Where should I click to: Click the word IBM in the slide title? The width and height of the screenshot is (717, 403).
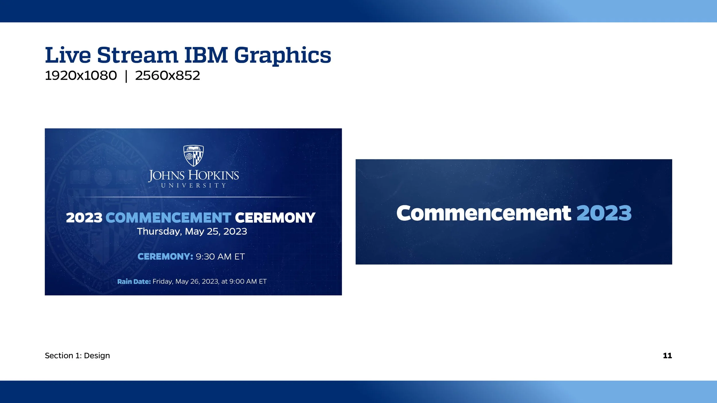[x=206, y=55]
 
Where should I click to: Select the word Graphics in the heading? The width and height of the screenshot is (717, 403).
[x=282, y=55]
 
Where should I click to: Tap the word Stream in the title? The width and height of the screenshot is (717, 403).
[x=137, y=55]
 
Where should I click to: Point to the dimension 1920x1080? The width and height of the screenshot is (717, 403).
[x=81, y=76]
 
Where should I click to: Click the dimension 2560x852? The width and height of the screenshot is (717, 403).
[x=167, y=76]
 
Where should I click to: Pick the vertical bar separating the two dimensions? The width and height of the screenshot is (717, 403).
[x=126, y=76]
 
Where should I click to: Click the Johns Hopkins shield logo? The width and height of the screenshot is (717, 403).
[x=194, y=156]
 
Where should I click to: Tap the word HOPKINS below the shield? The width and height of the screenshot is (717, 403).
[x=213, y=175]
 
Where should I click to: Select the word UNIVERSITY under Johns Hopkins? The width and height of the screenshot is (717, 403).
[x=194, y=186]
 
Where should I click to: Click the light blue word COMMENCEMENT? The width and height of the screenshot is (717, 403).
[x=168, y=218]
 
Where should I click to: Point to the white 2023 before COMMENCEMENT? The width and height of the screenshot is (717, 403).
[x=84, y=218]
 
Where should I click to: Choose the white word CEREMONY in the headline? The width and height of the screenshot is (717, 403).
[x=275, y=218]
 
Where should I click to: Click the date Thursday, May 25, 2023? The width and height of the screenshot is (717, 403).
[x=192, y=231]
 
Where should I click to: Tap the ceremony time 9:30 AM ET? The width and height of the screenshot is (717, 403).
[x=220, y=257]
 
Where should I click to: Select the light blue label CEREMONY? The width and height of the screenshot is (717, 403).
[x=165, y=257]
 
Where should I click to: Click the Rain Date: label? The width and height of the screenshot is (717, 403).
[x=134, y=281]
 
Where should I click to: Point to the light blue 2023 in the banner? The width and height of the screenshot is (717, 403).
[x=604, y=213]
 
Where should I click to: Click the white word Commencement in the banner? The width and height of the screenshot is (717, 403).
[x=484, y=213]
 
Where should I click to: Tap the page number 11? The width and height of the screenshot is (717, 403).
[x=667, y=356]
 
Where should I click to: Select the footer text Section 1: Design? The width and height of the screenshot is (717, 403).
[x=77, y=356]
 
